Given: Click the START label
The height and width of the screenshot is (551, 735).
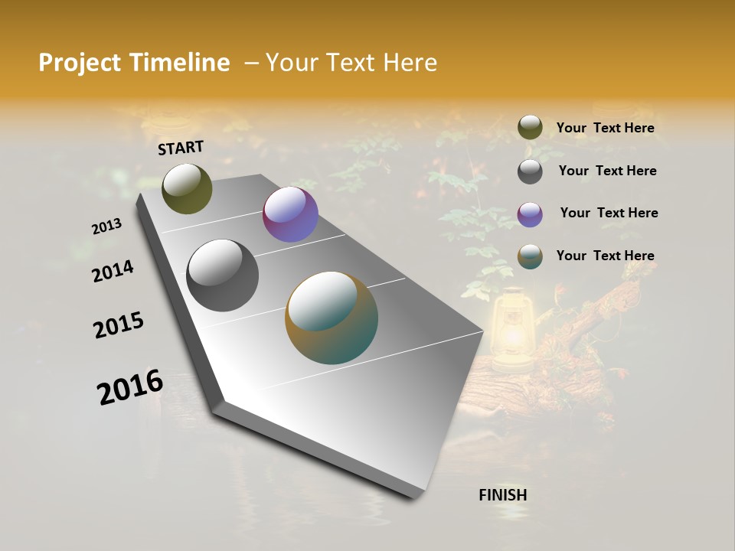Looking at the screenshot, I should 181,148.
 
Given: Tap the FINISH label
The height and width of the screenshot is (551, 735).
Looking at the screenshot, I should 503,495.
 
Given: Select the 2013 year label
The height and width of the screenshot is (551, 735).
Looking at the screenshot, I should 107,226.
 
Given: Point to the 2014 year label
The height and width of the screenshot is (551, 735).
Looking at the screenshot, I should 113,271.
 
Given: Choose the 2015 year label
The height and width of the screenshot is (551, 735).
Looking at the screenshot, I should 119,325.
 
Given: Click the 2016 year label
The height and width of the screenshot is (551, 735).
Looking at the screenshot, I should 130,386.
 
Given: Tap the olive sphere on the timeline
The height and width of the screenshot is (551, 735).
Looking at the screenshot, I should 187,188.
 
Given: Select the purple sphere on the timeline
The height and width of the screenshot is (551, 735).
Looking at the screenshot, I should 290,214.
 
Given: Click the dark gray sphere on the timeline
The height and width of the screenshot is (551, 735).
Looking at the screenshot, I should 222,275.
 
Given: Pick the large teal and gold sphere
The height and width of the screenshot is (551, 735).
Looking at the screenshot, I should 332,318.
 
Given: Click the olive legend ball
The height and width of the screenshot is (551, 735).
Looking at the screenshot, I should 530,128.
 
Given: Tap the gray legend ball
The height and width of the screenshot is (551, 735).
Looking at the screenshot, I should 530,171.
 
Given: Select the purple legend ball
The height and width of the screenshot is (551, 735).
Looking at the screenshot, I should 530,214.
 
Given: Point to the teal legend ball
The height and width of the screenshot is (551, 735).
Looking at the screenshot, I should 530,257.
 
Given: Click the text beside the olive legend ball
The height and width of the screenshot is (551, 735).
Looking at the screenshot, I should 605,129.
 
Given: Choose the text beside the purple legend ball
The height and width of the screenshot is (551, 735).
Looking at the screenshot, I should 609,213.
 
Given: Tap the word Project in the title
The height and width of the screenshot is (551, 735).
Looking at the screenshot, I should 80,63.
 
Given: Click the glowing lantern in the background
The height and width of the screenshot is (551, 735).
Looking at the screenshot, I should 511,331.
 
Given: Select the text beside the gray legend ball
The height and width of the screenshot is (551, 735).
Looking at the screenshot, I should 607,171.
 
